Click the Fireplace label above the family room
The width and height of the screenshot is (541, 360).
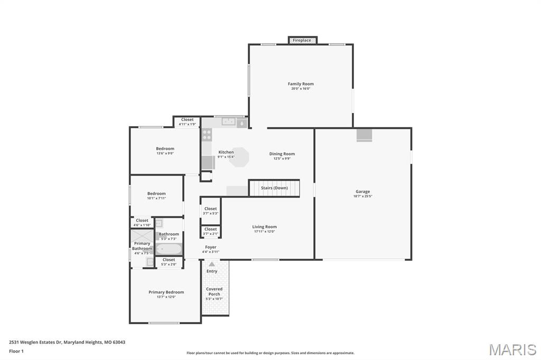[302, 40]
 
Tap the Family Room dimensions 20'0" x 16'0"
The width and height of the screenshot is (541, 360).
[301, 89]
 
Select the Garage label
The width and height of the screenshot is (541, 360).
[362, 192]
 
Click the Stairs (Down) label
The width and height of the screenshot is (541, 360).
[274, 188]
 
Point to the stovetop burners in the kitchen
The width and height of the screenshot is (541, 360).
[207, 134]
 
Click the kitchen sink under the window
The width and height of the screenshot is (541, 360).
[228, 122]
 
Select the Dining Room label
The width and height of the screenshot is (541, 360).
[282, 154]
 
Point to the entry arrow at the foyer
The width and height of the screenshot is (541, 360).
[212, 264]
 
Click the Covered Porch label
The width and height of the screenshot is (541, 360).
[214, 291]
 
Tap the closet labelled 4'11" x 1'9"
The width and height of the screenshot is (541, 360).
[187, 122]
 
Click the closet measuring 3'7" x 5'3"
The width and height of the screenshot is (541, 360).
[210, 211]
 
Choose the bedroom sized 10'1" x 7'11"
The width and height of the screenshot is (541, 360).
[156, 196]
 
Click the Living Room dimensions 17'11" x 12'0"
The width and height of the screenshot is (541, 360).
[264, 232]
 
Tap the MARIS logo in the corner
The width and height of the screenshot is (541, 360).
[512, 349]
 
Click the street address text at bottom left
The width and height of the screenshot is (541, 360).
[67, 342]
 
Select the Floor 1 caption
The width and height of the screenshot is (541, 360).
[16, 350]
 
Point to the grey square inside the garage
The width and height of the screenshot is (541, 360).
[365, 135]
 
